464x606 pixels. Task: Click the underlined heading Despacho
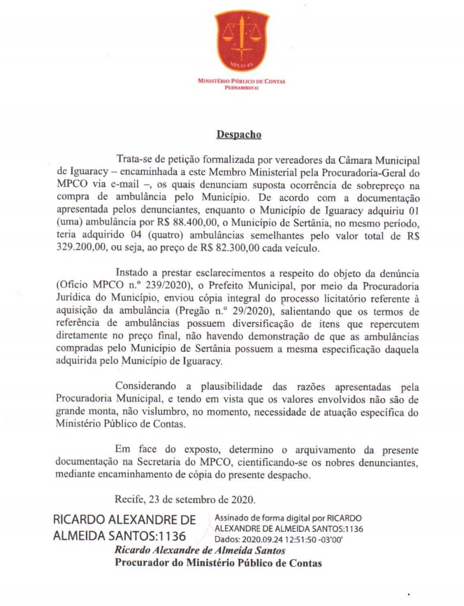[x=233, y=133]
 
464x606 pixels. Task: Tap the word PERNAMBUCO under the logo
[x=242, y=87]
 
